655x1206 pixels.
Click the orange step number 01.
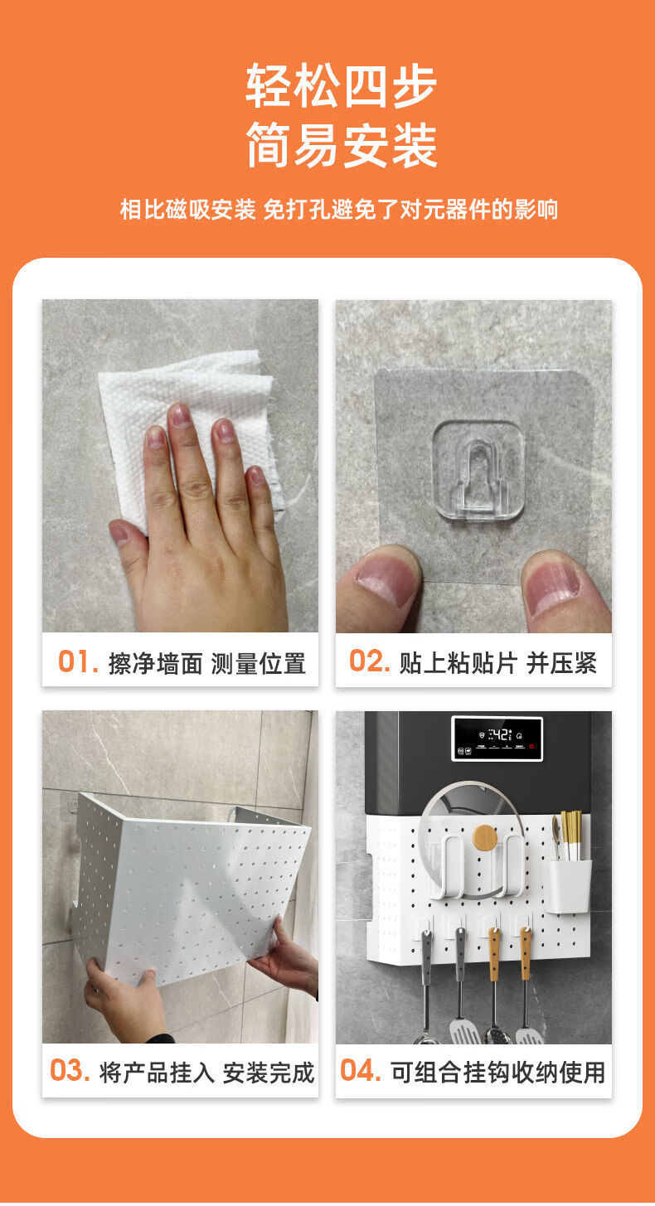click(78, 661)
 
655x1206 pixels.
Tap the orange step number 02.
click(370, 661)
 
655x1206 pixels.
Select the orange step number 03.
click(70, 1070)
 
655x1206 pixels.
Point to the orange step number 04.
click(361, 1070)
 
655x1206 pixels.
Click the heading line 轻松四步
click(341, 85)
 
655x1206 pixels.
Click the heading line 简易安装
click(342, 145)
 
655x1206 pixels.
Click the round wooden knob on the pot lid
click(485, 837)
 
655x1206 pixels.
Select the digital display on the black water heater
click(497, 738)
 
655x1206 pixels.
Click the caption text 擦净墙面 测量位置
click(207, 663)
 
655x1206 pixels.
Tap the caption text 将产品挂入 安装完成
click(206, 1073)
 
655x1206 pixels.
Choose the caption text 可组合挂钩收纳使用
click(497, 1072)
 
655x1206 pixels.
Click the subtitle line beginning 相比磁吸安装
click(339, 209)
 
